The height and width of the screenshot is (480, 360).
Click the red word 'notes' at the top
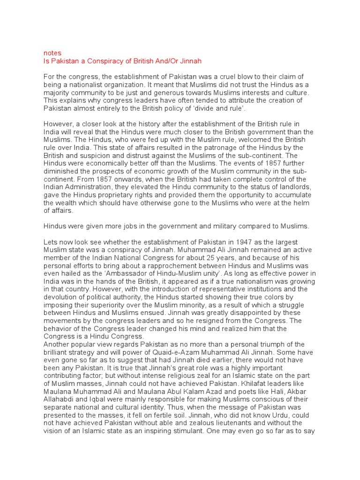click(x=52, y=53)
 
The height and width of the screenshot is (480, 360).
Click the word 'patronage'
click(x=182, y=147)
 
